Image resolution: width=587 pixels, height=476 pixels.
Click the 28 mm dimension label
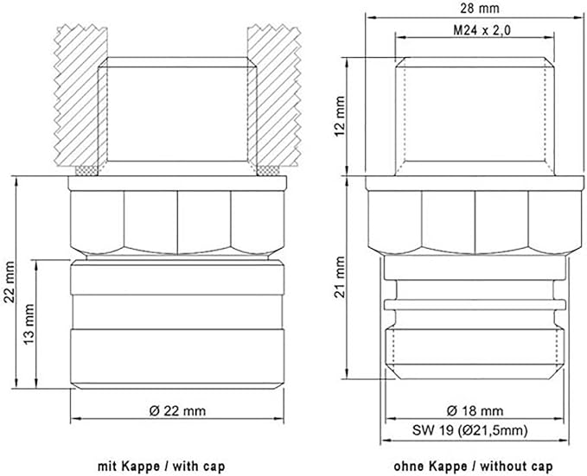(x=480, y=9)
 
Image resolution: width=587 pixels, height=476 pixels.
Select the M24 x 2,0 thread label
(x=482, y=30)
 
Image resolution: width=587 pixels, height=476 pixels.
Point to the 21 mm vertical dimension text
(x=340, y=277)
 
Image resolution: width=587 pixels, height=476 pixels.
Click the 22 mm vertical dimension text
(x=9, y=282)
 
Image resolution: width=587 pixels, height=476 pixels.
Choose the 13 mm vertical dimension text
(x=29, y=324)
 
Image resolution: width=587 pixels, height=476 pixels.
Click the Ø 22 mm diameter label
(x=177, y=411)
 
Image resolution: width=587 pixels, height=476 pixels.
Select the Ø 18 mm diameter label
(x=475, y=411)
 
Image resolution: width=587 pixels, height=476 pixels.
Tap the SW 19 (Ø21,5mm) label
(x=469, y=430)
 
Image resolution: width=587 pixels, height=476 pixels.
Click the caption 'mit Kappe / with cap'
(x=162, y=466)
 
